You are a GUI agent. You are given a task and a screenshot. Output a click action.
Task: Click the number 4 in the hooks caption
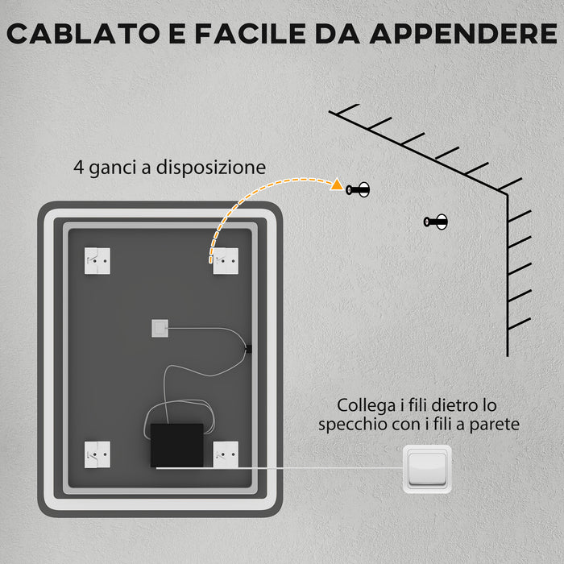coord(78,168)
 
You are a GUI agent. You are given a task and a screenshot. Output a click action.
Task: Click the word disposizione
coord(211,168)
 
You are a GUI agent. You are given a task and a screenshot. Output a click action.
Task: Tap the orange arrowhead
coord(337,185)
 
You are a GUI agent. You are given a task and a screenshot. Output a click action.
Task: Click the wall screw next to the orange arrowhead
coord(358,189)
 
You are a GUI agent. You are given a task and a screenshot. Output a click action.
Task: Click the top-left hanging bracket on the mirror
coord(97,260)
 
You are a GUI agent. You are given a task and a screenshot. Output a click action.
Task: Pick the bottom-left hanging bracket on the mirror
coord(97,454)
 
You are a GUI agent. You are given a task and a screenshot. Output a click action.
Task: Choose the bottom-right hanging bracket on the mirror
coord(226,454)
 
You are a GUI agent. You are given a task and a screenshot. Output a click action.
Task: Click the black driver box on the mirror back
coord(176,445)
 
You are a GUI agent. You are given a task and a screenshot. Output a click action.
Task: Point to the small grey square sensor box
coord(160,329)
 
